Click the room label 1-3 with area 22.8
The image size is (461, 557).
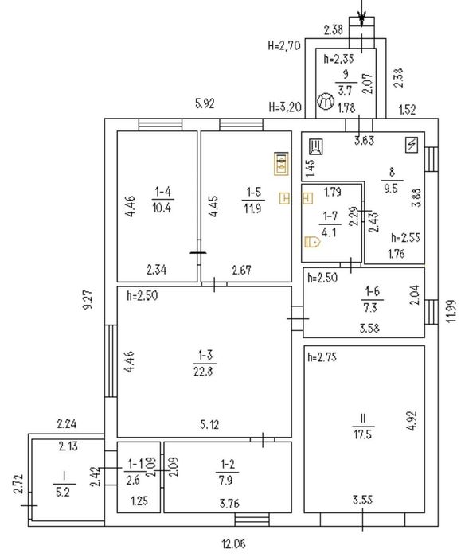click(205, 363)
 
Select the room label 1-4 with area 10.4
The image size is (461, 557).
click(162, 200)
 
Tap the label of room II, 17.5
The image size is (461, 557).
click(363, 427)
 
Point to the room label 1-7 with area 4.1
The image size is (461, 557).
click(330, 224)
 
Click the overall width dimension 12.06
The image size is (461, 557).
click(234, 543)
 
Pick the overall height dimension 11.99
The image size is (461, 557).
click(451, 311)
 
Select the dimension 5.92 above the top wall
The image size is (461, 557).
click(205, 103)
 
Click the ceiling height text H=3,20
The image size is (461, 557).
click(285, 107)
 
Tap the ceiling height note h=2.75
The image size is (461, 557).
click(322, 357)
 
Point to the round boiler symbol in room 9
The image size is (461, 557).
click(326, 102)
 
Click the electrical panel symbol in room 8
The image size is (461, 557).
click(412, 146)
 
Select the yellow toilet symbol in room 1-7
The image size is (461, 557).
click(312, 242)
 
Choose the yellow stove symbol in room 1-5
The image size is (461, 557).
click(281, 164)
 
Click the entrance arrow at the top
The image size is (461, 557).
click(361, 14)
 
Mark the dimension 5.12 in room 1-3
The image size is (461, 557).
click(209, 424)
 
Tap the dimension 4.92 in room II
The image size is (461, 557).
click(412, 421)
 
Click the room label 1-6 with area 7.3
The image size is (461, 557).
click(372, 299)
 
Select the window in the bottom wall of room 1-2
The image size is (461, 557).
click(252, 520)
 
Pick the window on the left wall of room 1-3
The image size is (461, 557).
click(111, 361)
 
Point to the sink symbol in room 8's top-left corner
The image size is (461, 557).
click(315, 146)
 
